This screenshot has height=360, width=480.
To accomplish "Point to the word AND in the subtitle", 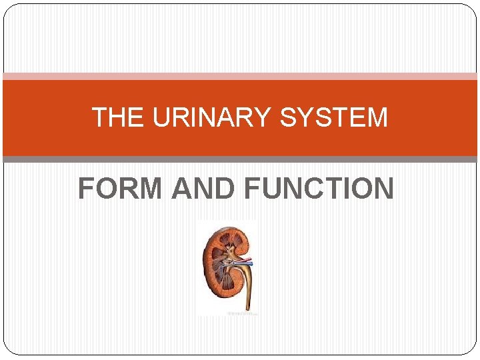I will [203, 188].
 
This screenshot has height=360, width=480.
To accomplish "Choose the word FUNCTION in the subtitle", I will [319, 188].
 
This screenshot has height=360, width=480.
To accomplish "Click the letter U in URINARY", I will [160, 118].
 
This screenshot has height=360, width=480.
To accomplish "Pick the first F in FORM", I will [87, 188].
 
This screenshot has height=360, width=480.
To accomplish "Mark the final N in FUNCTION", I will [382, 188].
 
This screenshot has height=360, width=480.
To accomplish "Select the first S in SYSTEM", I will [289, 118].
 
